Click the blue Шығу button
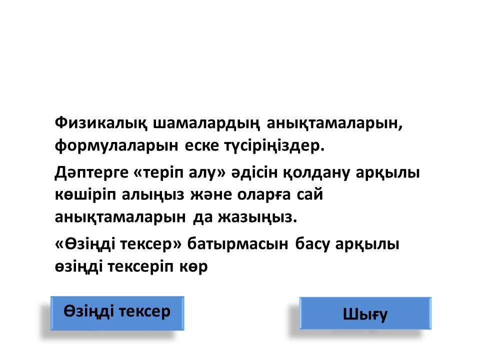[x=365, y=313]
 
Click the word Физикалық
[x=101, y=123]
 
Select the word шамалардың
[x=206, y=123]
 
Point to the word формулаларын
[x=116, y=146]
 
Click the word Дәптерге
[x=91, y=172]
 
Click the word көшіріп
[x=85, y=195]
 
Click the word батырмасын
[x=237, y=244]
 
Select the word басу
[x=312, y=244]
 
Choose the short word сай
[x=310, y=195]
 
